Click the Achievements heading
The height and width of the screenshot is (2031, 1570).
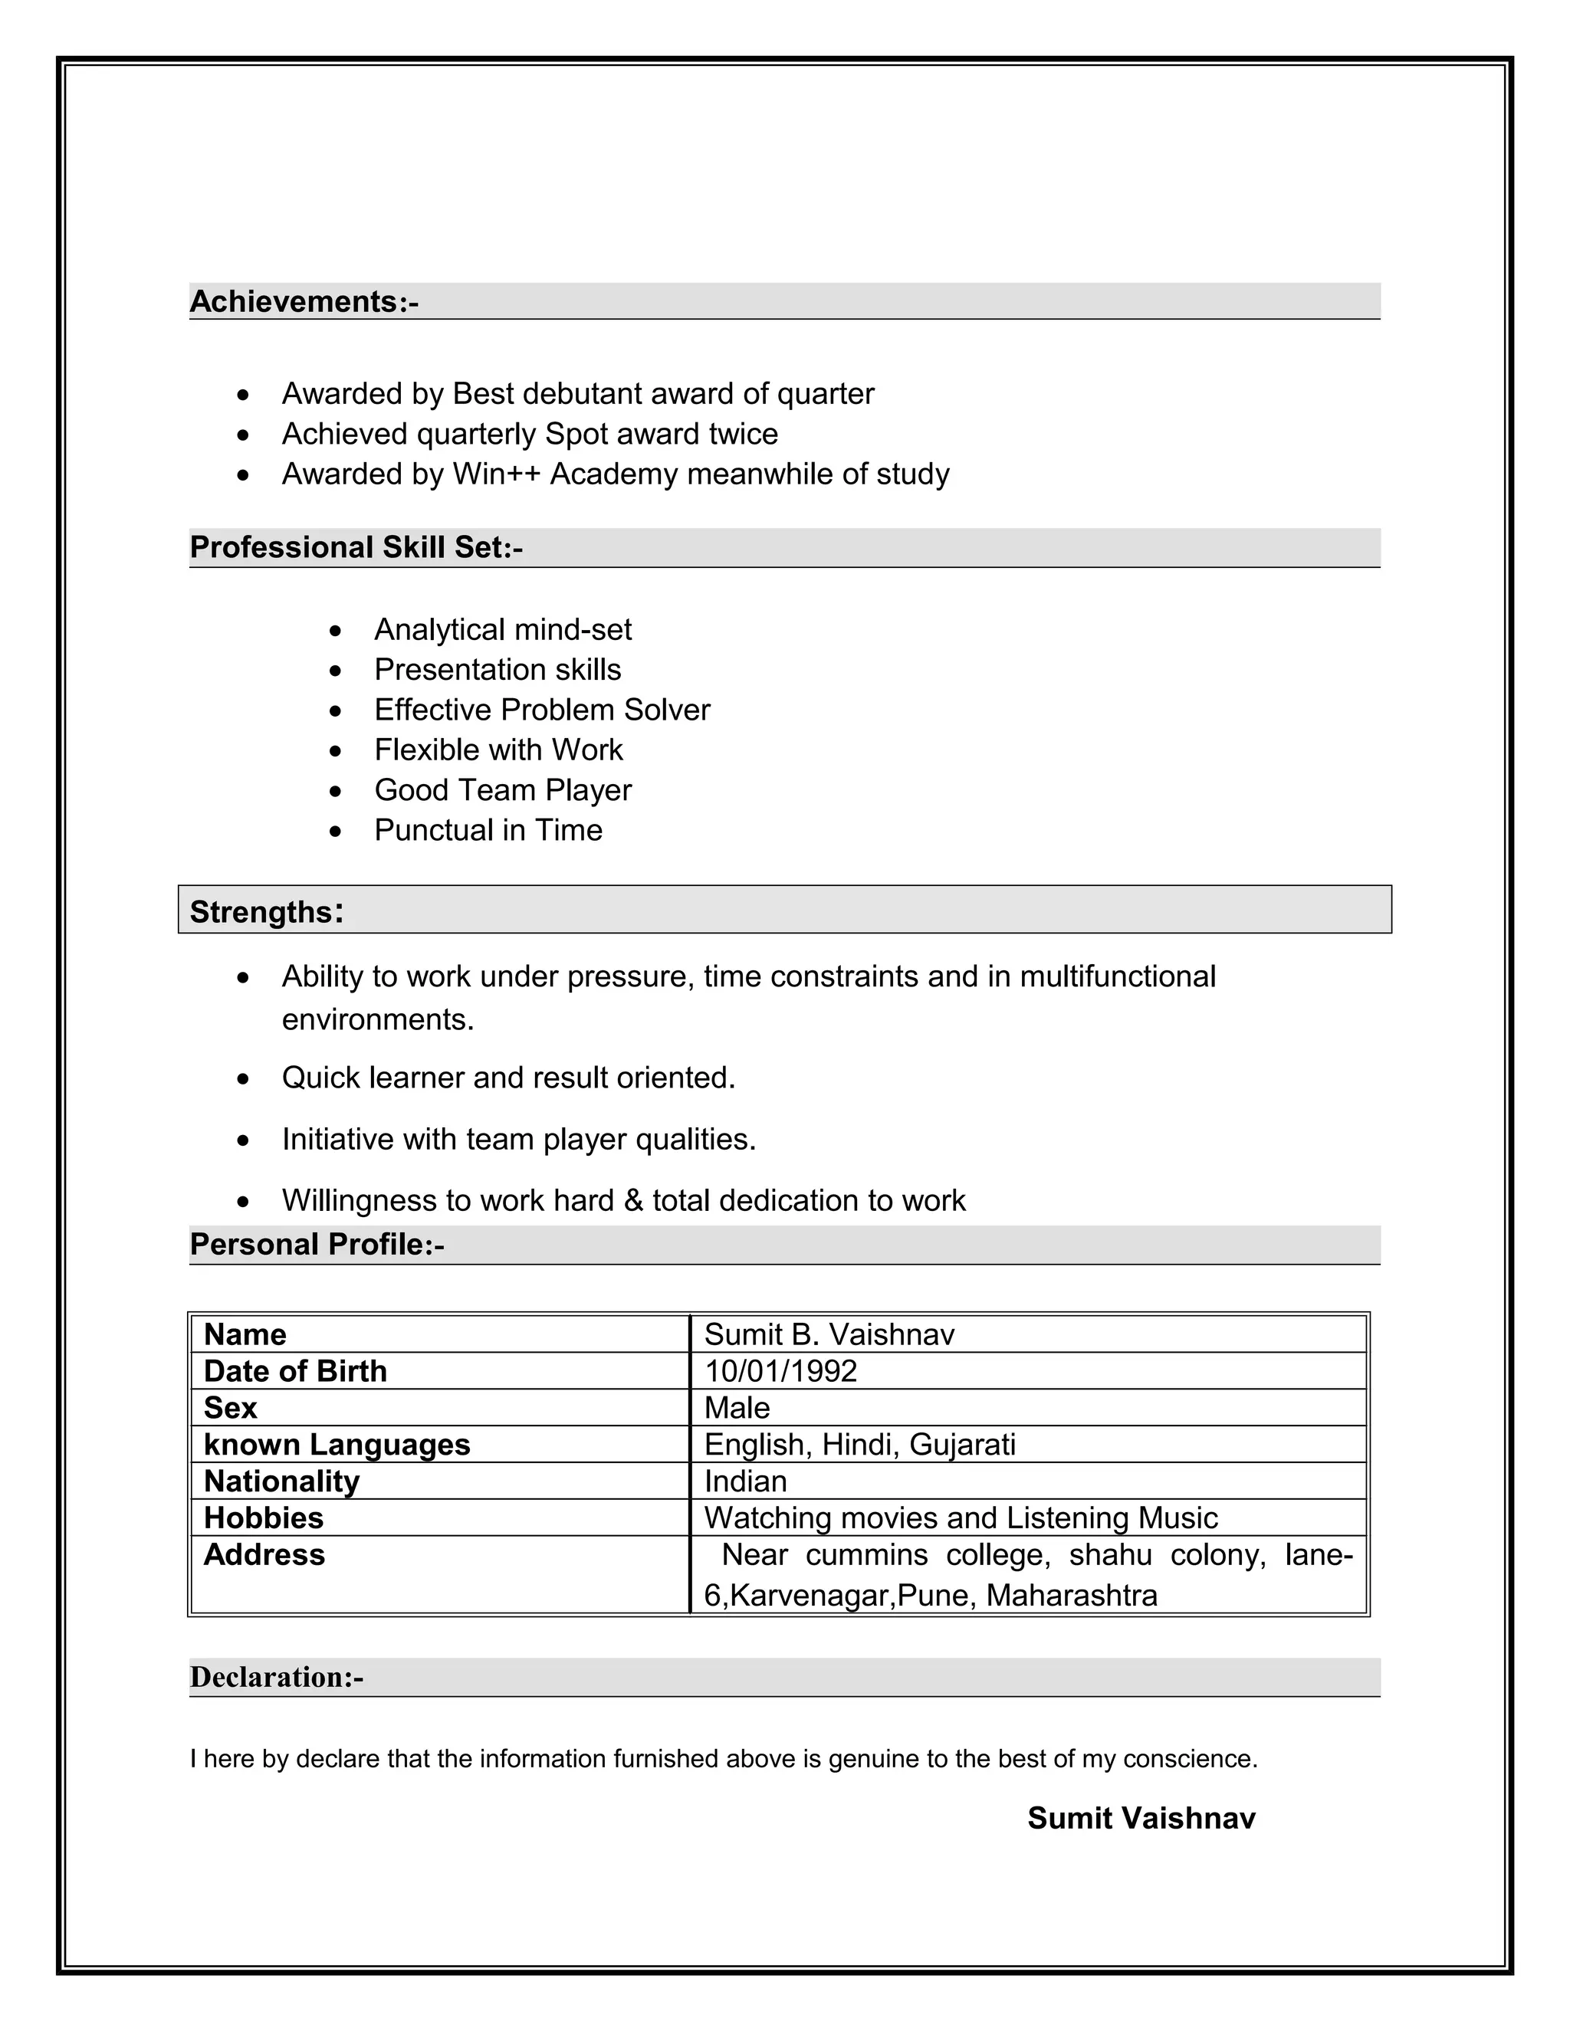coord(304,302)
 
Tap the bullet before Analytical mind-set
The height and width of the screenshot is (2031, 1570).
coord(336,632)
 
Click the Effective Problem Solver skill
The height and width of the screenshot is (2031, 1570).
coord(541,710)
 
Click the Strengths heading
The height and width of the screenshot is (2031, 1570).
coord(266,911)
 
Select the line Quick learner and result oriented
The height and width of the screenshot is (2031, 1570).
coord(509,1078)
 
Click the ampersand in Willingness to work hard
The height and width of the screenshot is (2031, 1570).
coord(633,1200)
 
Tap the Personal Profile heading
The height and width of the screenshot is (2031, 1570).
coord(317,1244)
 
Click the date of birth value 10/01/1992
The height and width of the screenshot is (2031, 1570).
coord(780,1371)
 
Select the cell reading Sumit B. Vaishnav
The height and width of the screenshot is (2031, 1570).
coord(829,1334)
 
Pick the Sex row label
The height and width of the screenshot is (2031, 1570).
coord(230,1408)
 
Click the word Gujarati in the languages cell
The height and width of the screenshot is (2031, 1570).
coord(962,1444)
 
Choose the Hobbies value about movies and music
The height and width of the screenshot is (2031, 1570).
coord(960,1518)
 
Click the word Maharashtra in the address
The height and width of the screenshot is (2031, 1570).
coord(1072,1596)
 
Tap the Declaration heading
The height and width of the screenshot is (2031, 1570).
coord(276,1677)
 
